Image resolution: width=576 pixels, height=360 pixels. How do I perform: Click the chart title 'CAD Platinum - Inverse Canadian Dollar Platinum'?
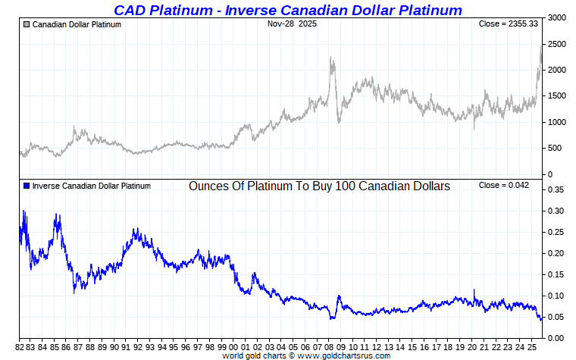[x=287, y=10]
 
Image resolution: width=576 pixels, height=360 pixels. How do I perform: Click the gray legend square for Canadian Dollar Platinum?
[x=27, y=24]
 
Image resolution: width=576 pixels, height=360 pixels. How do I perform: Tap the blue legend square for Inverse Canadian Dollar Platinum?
[x=27, y=186]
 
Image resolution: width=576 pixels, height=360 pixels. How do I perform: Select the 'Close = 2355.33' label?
[x=509, y=24]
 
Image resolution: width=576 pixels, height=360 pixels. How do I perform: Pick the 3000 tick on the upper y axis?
[x=557, y=17]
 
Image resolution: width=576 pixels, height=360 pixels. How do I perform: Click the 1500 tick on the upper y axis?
[x=557, y=96]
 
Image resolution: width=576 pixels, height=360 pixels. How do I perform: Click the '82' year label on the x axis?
[x=20, y=346]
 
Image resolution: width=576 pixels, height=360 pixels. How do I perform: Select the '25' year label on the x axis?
[x=532, y=346]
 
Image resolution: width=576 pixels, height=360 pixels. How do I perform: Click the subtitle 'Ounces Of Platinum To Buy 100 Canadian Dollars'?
[x=319, y=186]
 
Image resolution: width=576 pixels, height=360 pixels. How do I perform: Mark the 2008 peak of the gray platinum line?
[x=331, y=57]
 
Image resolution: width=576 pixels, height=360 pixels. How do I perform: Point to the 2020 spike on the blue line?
[x=474, y=290]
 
